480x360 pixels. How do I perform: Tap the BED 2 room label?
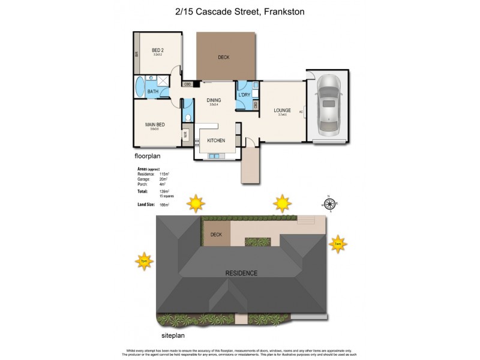[157, 50]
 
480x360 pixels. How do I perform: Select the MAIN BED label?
[155, 125]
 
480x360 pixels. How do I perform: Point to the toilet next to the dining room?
[188, 118]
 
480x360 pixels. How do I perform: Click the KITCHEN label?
[216, 140]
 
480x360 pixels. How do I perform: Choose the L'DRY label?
[244, 95]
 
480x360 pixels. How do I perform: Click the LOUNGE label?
[282, 110]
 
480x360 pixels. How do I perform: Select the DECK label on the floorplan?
[224, 57]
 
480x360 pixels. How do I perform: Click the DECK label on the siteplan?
[216, 235]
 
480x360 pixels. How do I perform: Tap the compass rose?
[328, 203]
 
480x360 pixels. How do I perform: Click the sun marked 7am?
[338, 244]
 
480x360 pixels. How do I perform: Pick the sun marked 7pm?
[144, 261]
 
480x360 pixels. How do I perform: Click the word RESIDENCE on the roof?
[241, 273]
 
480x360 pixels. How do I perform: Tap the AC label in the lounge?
[300, 112]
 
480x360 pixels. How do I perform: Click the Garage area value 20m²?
[163, 178]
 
